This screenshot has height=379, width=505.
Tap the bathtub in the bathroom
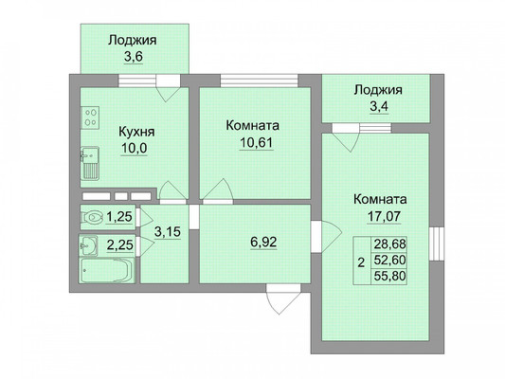pyautogui.click(x=106, y=270)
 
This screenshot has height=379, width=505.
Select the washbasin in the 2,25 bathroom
pyautogui.click(x=88, y=245)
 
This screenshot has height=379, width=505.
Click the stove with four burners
pyautogui.click(x=90, y=117)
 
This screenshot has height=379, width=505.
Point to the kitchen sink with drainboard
pyautogui.click(x=89, y=163)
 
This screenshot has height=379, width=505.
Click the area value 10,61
pyautogui.click(x=257, y=142)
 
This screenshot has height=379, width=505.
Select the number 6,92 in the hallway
pyautogui.click(x=263, y=242)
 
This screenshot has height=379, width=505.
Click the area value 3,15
pyautogui.click(x=168, y=231)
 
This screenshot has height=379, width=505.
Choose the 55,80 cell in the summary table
pyautogui.click(x=389, y=277)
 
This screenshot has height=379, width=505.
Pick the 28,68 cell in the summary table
pyautogui.click(x=389, y=244)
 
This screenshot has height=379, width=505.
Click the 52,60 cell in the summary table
pyautogui.click(x=389, y=261)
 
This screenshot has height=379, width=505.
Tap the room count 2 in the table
pyautogui.click(x=362, y=262)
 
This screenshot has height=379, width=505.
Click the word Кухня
pyautogui.click(x=136, y=132)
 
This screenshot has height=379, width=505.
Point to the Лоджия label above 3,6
pyautogui.click(x=133, y=41)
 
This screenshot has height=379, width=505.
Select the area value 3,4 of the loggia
pyautogui.click(x=379, y=106)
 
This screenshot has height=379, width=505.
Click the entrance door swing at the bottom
pyautogui.click(x=283, y=298)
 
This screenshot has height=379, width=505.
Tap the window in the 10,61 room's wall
pyautogui.click(x=259, y=81)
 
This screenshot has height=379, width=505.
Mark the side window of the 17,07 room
pyautogui.click(x=437, y=244)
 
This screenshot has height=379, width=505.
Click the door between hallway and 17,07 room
pyautogui.click(x=325, y=237)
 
